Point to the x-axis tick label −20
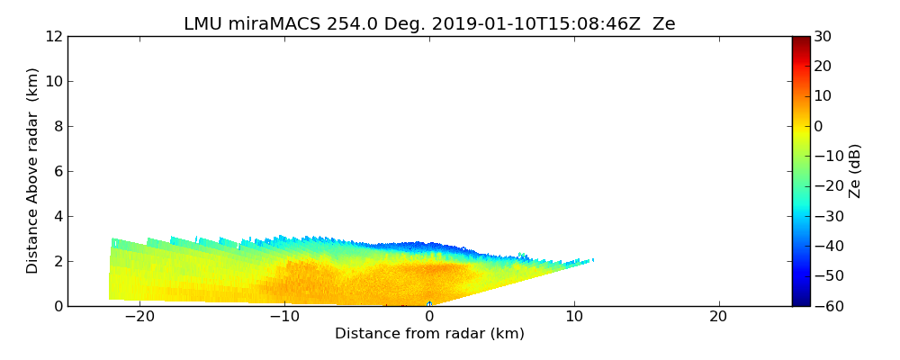(x=140, y=317)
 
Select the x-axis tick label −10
(x=284, y=317)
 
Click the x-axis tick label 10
(x=574, y=317)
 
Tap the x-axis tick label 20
(x=718, y=317)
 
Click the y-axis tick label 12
(x=53, y=37)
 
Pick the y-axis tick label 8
(x=58, y=127)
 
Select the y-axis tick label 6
(x=58, y=172)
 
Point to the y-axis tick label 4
(x=58, y=217)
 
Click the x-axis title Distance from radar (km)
(x=429, y=334)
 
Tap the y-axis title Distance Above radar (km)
(x=33, y=171)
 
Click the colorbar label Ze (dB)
(x=855, y=171)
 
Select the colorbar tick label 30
(x=823, y=37)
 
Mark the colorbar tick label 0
(x=819, y=126)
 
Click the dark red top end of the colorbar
(x=801, y=40)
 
